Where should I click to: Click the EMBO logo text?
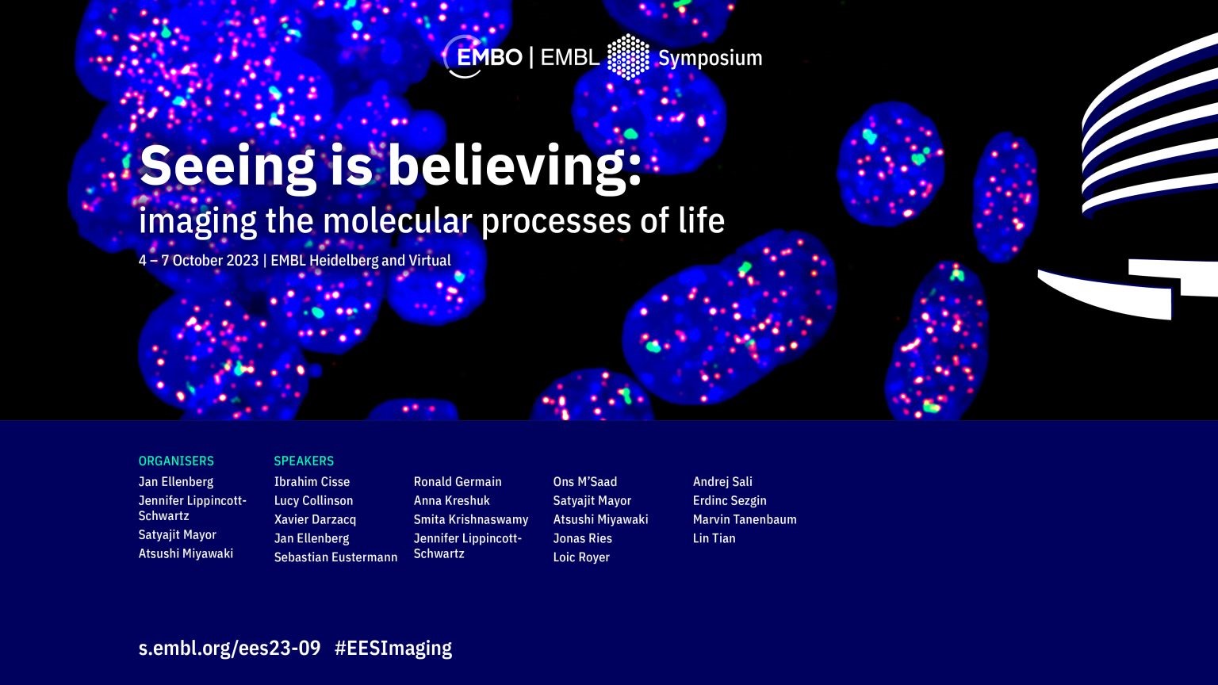point(488,57)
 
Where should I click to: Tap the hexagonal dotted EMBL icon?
point(628,57)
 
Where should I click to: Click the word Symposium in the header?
point(710,58)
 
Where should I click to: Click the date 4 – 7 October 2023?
point(198,260)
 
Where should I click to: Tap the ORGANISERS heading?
point(176,461)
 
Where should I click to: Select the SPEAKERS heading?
point(304,461)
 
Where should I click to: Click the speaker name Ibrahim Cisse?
point(312,482)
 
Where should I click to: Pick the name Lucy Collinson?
point(314,501)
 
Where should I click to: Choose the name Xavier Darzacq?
point(316,520)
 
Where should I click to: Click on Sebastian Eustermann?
point(336,557)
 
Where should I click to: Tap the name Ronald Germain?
point(458,482)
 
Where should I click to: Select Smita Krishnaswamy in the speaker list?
point(471,520)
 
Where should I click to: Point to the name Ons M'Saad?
point(585,482)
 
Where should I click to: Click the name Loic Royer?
point(581,557)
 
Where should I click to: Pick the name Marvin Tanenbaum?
point(745,520)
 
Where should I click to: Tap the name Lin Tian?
point(714,538)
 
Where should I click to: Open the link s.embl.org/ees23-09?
point(229,649)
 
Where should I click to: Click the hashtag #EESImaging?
point(393,649)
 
